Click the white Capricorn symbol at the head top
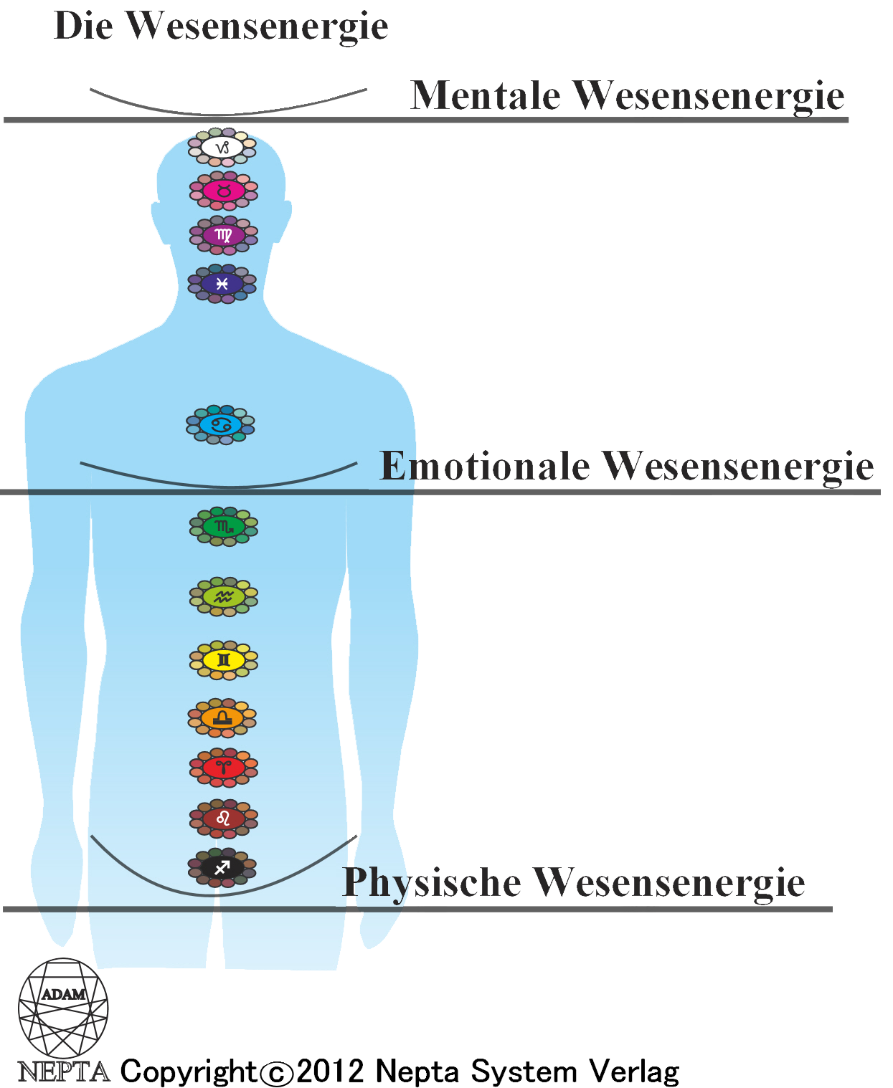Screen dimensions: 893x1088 click(x=222, y=148)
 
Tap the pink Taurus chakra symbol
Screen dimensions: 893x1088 click(x=224, y=191)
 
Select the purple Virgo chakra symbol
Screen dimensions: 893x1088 click(x=224, y=235)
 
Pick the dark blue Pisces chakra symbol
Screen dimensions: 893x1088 click(x=222, y=284)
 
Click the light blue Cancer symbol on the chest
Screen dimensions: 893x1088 click(x=220, y=425)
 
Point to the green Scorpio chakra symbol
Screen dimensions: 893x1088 click(x=224, y=527)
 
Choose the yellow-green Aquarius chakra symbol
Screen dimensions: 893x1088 click(x=224, y=597)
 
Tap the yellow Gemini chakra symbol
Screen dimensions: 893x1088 click(x=224, y=660)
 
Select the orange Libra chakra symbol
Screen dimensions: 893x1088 click(x=222, y=717)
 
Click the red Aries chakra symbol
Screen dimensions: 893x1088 click(x=224, y=768)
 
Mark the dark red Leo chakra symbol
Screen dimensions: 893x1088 click(x=224, y=819)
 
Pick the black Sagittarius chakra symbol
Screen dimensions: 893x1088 click(x=222, y=868)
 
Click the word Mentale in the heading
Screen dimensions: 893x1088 click(x=486, y=95)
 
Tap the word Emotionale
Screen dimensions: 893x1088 click(x=485, y=466)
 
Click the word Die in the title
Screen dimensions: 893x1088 click(x=83, y=25)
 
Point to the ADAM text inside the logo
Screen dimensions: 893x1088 click(x=64, y=994)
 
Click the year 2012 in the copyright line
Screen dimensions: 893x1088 click(x=331, y=1072)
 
